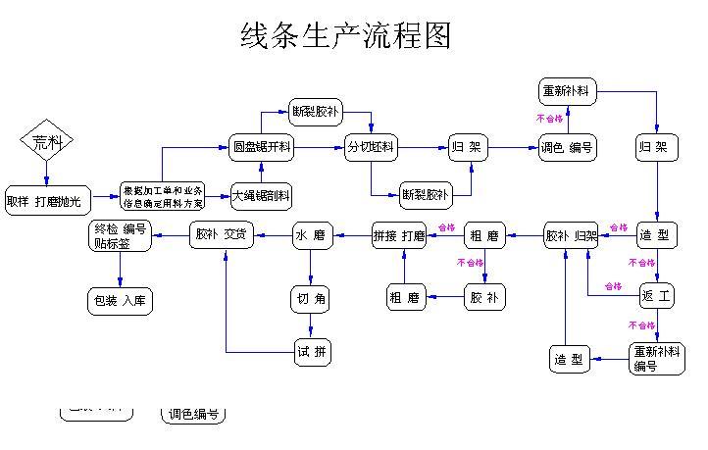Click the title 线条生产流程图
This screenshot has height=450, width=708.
(346, 36)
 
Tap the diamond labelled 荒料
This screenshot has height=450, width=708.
(47, 143)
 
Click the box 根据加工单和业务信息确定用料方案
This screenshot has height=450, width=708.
(163, 197)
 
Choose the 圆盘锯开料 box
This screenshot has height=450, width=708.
(262, 147)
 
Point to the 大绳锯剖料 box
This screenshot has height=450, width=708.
(261, 196)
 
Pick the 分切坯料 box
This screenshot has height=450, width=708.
(372, 147)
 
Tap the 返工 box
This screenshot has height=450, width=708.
(656, 295)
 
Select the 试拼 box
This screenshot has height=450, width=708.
(312, 351)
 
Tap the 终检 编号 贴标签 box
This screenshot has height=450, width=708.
(121, 235)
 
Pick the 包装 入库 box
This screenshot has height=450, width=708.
(121, 301)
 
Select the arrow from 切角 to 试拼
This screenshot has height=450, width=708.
(312, 325)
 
